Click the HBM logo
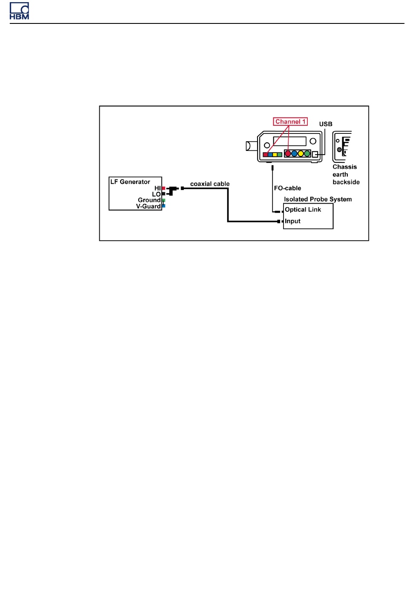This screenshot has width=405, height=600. pyautogui.click(x=19, y=11)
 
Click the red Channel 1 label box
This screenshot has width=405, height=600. pyautogui.click(x=290, y=122)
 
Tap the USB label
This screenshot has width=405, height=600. pyautogui.click(x=326, y=124)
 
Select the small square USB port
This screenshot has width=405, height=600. pyautogui.click(x=315, y=154)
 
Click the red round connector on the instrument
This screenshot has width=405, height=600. pyautogui.click(x=288, y=154)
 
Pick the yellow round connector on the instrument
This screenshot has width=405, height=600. pyautogui.click(x=301, y=154)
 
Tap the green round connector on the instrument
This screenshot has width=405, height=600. pyautogui.click(x=307, y=154)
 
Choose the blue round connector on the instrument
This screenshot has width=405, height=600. pyautogui.click(x=294, y=154)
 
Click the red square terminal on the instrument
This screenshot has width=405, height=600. pyautogui.click(x=265, y=155)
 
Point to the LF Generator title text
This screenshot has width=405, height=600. pyautogui.click(x=130, y=182)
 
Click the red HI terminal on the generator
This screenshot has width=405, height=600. pyautogui.click(x=164, y=188)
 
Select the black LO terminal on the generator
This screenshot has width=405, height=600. pyautogui.click(x=164, y=194)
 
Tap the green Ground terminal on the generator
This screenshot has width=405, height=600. pyautogui.click(x=164, y=200)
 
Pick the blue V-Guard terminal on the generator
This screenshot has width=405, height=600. pyautogui.click(x=164, y=206)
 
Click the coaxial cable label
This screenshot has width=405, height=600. pyautogui.click(x=210, y=184)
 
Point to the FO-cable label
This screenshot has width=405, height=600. pyautogui.click(x=288, y=188)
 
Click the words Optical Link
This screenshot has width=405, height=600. pyautogui.click(x=303, y=210)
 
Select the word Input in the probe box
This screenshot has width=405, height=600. pyautogui.click(x=293, y=221)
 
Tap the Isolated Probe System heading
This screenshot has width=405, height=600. pyautogui.click(x=318, y=199)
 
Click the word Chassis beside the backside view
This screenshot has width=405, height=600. pyautogui.click(x=345, y=167)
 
